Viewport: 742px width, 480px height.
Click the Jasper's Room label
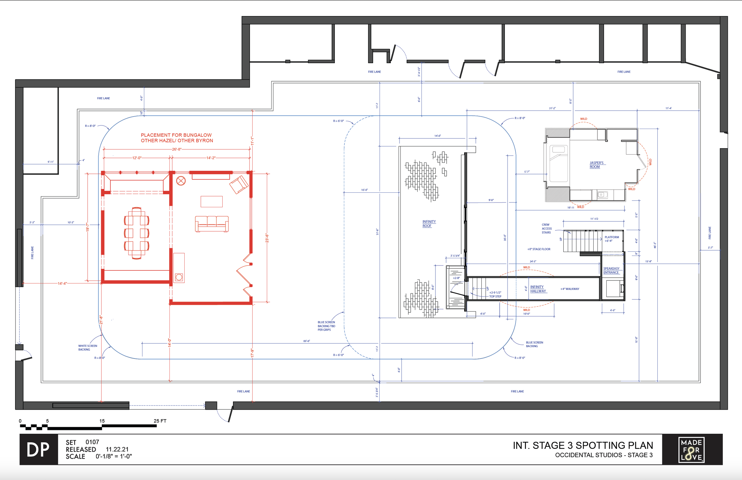pos(596,165)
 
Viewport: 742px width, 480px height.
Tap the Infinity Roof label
pos(429,224)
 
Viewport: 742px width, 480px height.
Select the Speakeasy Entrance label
pos(611,270)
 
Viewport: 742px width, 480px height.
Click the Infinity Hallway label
pos(538,289)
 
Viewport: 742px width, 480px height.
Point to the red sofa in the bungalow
pos(212,224)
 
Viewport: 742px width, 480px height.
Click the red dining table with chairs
pos(137,233)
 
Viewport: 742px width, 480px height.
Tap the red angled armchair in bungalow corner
pos(239,184)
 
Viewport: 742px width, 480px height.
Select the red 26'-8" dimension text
pos(177,149)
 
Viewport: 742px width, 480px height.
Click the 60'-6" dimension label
pos(307,341)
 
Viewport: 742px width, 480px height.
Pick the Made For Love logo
pos(691,449)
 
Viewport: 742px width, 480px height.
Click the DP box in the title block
pos(38,449)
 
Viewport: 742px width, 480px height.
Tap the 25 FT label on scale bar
pos(160,421)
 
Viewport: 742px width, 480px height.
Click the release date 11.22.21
pos(117,449)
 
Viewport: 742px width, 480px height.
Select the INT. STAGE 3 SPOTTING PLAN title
pos(583,445)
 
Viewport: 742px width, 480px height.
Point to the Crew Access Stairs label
pos(546,228)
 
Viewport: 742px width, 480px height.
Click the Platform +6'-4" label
pos(611,239)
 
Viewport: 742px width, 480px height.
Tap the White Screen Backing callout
pos(87,347)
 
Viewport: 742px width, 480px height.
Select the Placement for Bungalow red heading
pos(177,138)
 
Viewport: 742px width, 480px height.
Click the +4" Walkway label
pos(570,289)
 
